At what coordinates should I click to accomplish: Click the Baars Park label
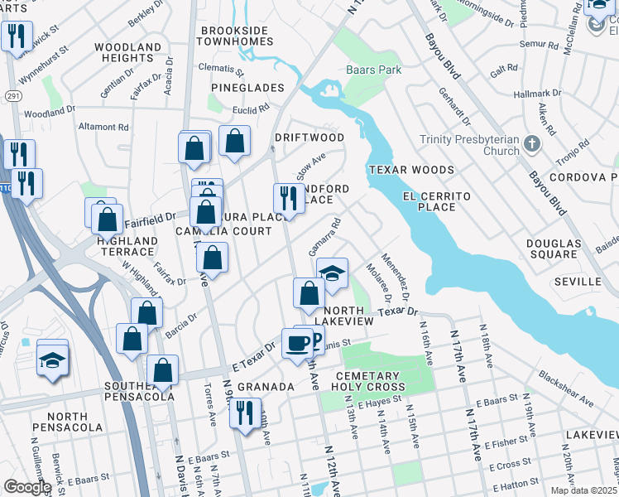pyautogui.click(x=375, y=70)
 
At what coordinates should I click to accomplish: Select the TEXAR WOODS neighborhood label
pyautogui.click(x=411, y=170)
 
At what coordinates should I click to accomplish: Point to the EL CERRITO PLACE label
pyautogui.click(x=436, y=201)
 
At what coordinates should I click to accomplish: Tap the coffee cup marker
pyautogui.click(x=297, y=342)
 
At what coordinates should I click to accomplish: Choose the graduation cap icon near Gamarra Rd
pyautogui.click(x=332, y=274)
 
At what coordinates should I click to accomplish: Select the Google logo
pyautogui.click(x=26, y=486)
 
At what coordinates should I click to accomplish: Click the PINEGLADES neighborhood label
pyautogui.click(x=247, y=88)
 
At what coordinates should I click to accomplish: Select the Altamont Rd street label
pyautogui.click(x=103, y=128)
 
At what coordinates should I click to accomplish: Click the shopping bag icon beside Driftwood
pyautogui.click(x=235, y=142)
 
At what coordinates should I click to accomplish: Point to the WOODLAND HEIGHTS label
pyautogui.click(x=127, y=52)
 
